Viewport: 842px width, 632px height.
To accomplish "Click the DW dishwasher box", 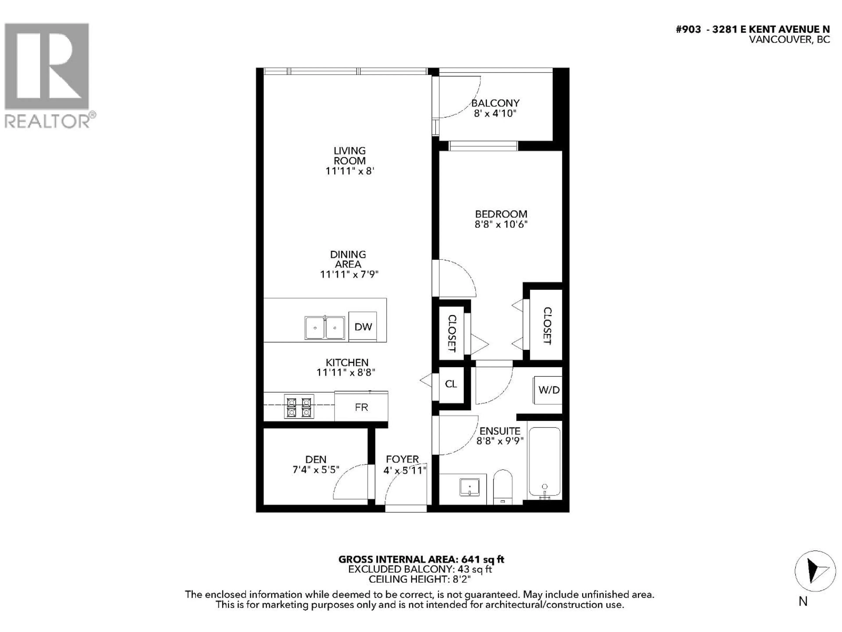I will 363,327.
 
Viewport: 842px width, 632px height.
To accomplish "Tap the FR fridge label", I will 361,407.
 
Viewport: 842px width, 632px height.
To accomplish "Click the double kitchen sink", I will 325,328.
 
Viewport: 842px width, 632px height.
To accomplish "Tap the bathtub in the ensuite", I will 544,463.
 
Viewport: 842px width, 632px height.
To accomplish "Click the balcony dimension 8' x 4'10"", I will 495,113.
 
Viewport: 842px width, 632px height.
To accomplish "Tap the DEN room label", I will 316,460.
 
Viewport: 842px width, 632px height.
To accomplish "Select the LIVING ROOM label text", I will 350,156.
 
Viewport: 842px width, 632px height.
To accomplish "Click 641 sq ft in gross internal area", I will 482,559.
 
